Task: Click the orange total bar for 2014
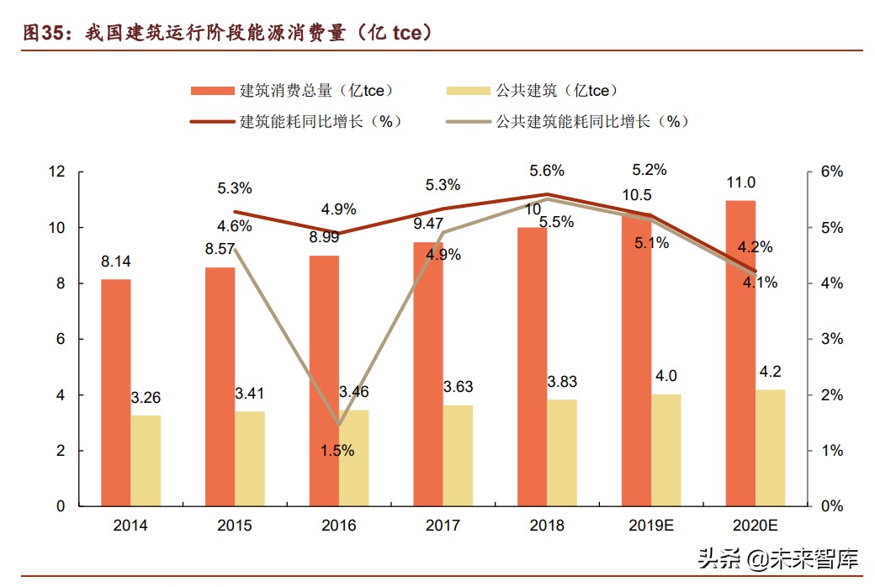(115, 393)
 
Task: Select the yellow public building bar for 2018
(562, 452)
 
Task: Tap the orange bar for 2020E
(740, 353)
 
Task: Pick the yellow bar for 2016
(353, 457)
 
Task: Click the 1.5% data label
(337, 451)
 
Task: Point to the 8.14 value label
(116, 262)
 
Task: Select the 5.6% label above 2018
(547, 171)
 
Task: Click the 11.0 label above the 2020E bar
(741, 183)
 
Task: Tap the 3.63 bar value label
(458, 387)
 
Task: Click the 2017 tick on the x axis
(443, 526)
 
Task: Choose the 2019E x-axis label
(651, 526)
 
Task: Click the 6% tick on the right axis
(831, 172)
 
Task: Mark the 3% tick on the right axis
(831, 339)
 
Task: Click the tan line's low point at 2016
(339, 425)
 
